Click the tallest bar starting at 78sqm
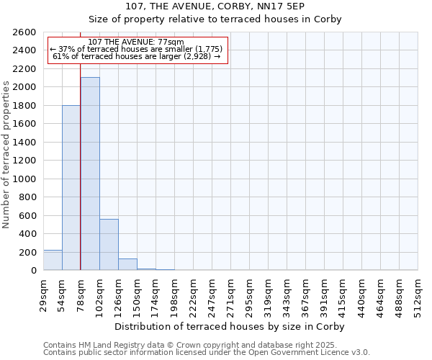(90, 174)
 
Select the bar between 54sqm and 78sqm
(71, 187)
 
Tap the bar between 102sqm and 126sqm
(109, 245)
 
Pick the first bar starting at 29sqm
(53, 260)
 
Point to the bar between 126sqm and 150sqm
(127, 264)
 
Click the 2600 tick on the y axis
(25, 32)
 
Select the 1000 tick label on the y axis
(25, 179)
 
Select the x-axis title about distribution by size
(230, 326)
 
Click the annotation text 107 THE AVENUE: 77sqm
(137, 42)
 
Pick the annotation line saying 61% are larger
(137, 56)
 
